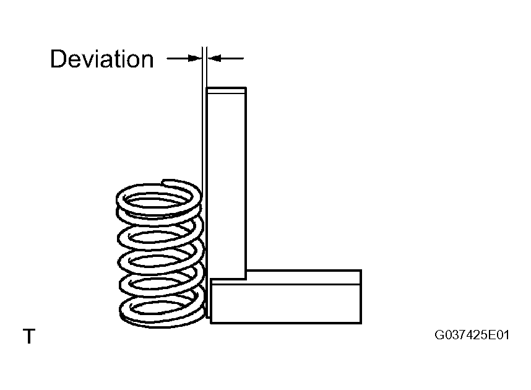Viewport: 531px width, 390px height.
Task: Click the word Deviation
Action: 102,59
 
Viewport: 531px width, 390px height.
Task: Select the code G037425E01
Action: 472,335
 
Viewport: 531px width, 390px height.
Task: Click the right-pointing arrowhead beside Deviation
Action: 195,58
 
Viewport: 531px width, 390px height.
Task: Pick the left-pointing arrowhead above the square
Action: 214,58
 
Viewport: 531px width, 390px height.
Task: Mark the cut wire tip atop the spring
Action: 164,183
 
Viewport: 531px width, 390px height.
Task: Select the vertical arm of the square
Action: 226,183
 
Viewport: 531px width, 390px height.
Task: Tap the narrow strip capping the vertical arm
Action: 226,90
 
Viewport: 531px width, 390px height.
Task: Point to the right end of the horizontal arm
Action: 361,297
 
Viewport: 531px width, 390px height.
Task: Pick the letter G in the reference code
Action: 439,335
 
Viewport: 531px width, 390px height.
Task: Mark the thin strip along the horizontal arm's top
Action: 303,277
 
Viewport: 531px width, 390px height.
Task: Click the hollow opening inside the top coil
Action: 157,202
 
